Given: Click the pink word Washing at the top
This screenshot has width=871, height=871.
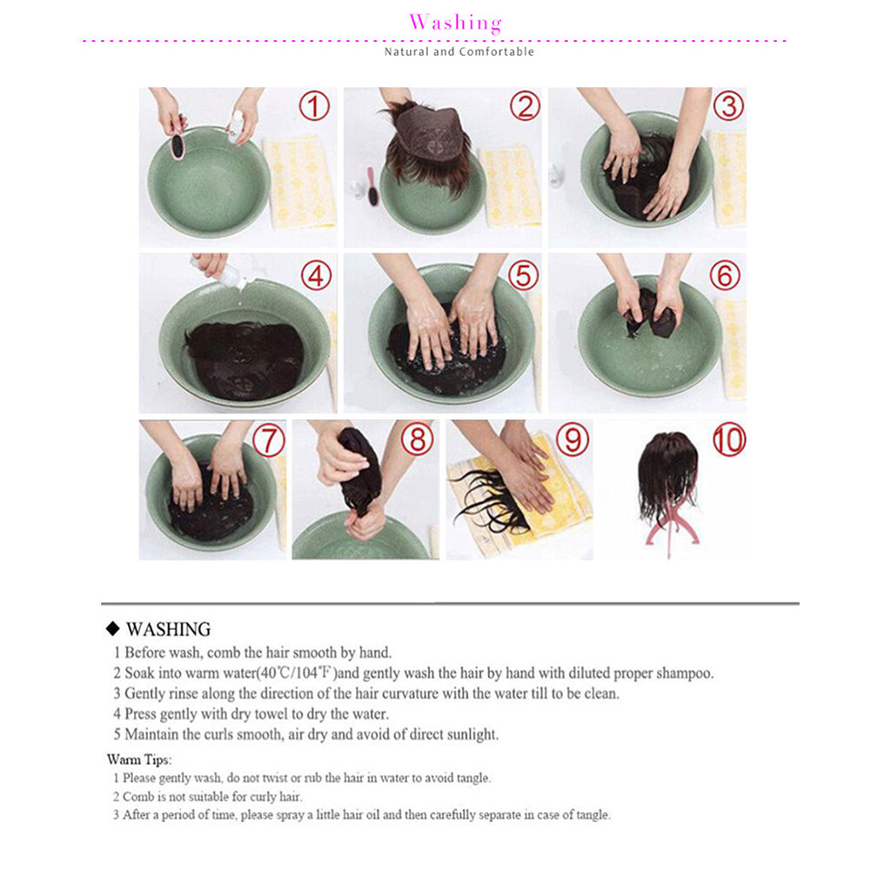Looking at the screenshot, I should [455, 23].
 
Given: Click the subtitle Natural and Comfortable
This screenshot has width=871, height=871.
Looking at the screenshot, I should [459, 52].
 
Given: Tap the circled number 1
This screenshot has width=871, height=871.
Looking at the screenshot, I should [314, 107].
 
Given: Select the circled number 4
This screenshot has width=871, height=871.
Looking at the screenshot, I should [317, 275].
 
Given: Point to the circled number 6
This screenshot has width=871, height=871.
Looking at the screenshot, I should [724, 275].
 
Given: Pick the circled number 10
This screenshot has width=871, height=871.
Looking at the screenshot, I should [729, 439].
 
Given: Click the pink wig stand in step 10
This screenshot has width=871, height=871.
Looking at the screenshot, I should [669, 523].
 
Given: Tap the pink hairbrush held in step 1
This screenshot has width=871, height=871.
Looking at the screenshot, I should [178, 144].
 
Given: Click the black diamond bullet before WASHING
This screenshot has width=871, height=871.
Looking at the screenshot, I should [111, 629].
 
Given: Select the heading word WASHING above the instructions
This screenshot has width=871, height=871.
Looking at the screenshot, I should [168, 629].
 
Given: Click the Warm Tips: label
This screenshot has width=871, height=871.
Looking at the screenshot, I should [139, 760].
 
